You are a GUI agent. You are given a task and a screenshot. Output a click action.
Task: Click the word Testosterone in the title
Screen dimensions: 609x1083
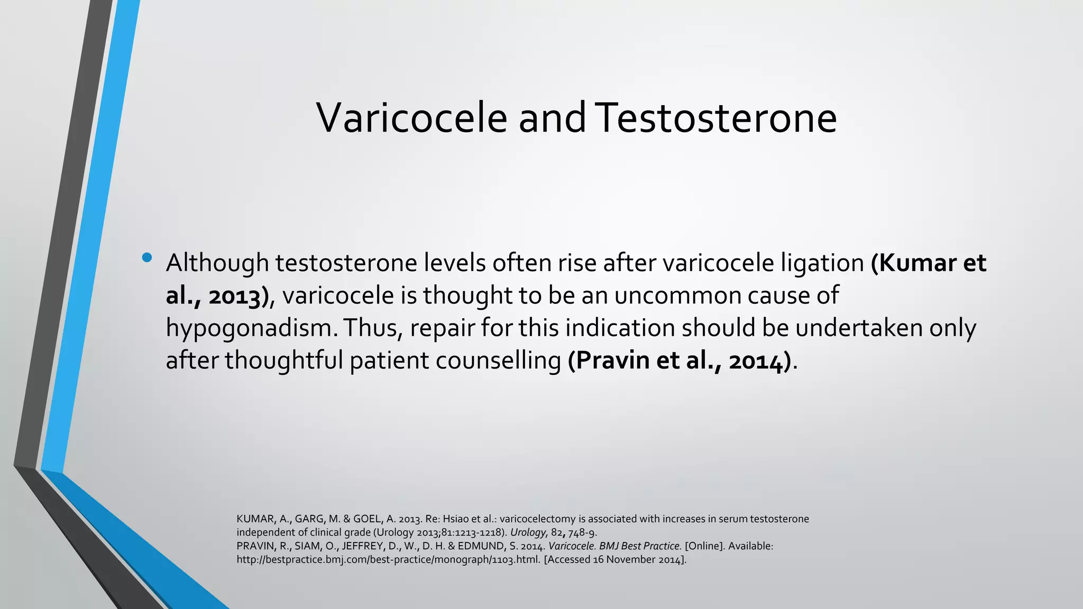pyautogui.click(x=718, y=117)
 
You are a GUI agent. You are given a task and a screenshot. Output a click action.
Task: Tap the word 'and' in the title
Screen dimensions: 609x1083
pyautogui.click(x=552, y=117)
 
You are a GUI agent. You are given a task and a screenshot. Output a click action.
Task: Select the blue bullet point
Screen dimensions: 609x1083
pyautogui.click(x=147, y=258)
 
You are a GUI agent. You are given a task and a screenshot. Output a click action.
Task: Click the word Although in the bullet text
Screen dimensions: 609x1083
pyautogui.click(x=217, y=263)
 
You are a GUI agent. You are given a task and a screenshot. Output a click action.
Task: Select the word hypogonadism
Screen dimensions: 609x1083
pyautogui.click(x=251, y=329)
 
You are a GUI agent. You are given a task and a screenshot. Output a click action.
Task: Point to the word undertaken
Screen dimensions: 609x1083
pyautogui.click(x=858, y=328)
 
